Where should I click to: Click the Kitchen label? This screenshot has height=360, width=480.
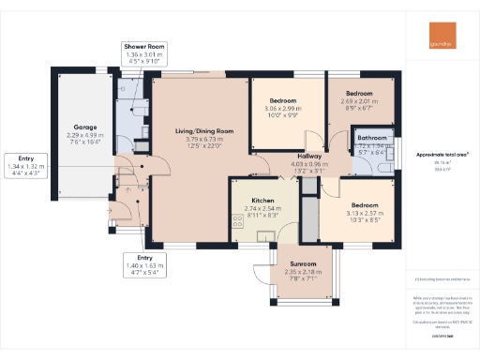click(x=262, y=201)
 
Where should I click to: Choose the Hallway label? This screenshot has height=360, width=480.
click(x=309, y=157)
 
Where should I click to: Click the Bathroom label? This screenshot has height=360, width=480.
click(x=372, y=138)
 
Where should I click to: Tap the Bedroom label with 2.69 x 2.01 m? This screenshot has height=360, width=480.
click(x=358, y=94)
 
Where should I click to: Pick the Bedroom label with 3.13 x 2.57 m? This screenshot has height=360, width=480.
click(x=366, y=205)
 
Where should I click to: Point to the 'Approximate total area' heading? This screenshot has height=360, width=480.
click(x=441, y=153)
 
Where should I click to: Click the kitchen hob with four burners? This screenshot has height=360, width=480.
click(x=238, y=223)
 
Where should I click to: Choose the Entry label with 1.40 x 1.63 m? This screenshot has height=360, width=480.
click(x=144, y=257)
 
